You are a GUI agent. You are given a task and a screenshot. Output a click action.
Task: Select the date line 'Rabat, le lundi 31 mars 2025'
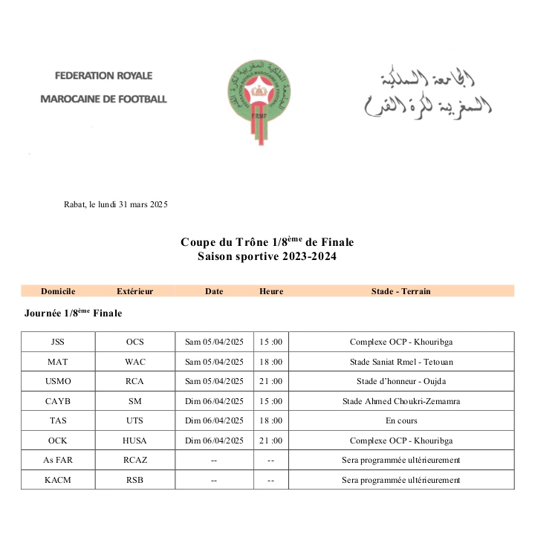(x=116, y=205)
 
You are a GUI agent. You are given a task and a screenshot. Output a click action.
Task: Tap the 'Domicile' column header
(x=58, y=291)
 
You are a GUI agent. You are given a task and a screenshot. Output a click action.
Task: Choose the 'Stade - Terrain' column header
(x=401, y=291)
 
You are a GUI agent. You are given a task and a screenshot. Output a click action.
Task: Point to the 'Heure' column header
(x=271, y=291)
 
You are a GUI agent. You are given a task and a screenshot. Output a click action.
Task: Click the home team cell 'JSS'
(x=58, y=342)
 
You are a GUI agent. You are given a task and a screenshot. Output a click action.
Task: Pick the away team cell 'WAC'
(x=135, y=362)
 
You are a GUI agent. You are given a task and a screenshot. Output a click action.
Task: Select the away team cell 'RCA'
(x=135, y=381)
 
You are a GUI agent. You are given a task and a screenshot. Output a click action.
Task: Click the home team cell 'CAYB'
(x=58, y=401)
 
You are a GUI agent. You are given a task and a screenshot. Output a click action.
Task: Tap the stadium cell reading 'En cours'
(x=401, y=420)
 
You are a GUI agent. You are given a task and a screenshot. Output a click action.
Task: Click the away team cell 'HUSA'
(x=135, y=441)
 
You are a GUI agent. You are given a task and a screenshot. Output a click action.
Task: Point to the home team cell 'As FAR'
(x=58, y=460)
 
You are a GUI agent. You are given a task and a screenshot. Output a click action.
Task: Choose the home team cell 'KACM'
(x=58, y=480)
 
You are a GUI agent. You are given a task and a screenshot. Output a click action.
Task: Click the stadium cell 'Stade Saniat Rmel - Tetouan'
(x=401, y=362)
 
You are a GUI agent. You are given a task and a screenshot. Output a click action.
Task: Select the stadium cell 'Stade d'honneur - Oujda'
(x=401, y=381)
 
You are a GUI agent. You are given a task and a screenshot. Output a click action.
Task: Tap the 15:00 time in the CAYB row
(x=271, y=401)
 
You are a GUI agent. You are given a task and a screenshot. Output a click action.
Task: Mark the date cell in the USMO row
(x=214, y=381)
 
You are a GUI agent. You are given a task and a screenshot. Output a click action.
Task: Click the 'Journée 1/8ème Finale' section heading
(x=73, y=313)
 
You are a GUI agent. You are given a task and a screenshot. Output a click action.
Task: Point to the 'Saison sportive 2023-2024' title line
(x=267, y=256)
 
